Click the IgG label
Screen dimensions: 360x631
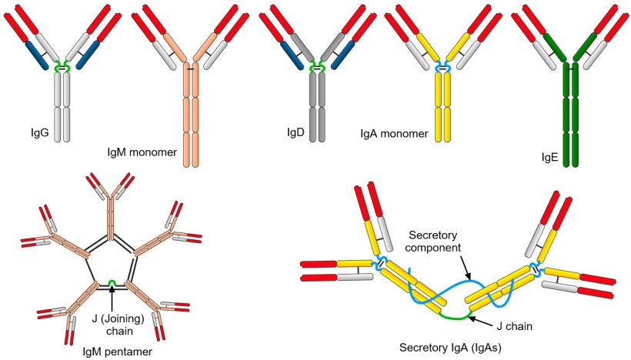pyautogui.click(x=38, y=134)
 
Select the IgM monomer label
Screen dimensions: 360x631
pyautogui.click(x=142, y=152)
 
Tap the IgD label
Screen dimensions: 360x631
pyautogui.click(x=294, y=134)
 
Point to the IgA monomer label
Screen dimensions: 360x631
pyautogui.click(x=394, y=134)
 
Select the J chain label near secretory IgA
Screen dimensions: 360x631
pyautogui.click(x=511, y=325)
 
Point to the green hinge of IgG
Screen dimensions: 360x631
pyautogui.click(x=62, y=69)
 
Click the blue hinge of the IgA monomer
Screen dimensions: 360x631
pyautogui.click(x=443, y=68)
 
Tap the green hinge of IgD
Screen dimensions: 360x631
pyautogui.click(x=316, y=69)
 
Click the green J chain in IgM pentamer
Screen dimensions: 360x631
pyautogui.click(x=112, y=283)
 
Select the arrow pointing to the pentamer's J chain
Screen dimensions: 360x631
pyautogui.click(x=112, y=296)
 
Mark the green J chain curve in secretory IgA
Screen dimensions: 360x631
pyautogui.click(x=455, y=315)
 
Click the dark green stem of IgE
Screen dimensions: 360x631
pyautogui.click(x=570, y=115)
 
